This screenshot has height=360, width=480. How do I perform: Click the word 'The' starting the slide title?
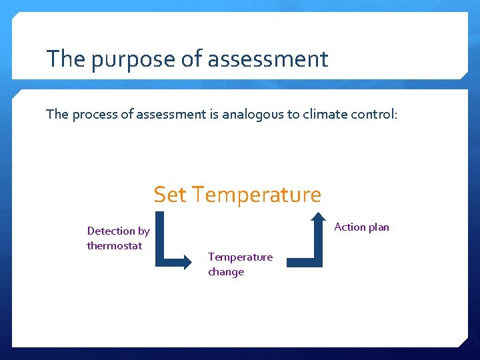[66, 59]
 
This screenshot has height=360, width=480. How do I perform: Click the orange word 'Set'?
[170, 195]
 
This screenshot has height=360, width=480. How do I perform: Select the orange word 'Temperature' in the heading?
[257, 195]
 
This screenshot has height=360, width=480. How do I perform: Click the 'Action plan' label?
[361, 227]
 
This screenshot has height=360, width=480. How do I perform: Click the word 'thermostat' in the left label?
[114, 245]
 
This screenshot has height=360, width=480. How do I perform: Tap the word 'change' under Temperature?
[226, 272]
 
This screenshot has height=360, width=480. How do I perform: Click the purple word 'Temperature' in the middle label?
[240, 257]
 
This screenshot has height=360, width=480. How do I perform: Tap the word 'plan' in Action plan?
[378, 227]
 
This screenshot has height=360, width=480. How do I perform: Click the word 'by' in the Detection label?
[143, 231]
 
